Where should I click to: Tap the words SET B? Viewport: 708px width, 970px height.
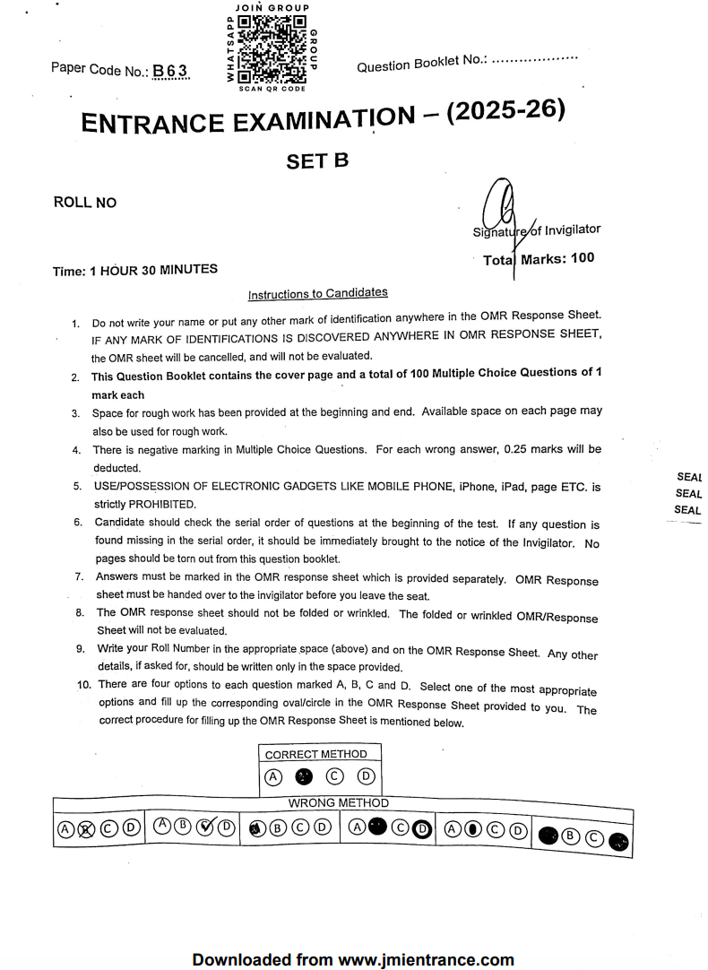click(x=316, y=161)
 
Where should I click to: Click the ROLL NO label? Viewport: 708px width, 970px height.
click(x=85, y=203)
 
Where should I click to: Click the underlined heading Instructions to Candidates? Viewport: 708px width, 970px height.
click(x=317, y=294)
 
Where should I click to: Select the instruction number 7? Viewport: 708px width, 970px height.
click(x=79, y=576)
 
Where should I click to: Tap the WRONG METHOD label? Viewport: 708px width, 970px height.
click(x=338, y=803)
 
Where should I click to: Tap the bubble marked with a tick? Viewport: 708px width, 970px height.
click(x=204, y=827)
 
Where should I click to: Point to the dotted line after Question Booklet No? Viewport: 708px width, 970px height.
click(x=535, y=58)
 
